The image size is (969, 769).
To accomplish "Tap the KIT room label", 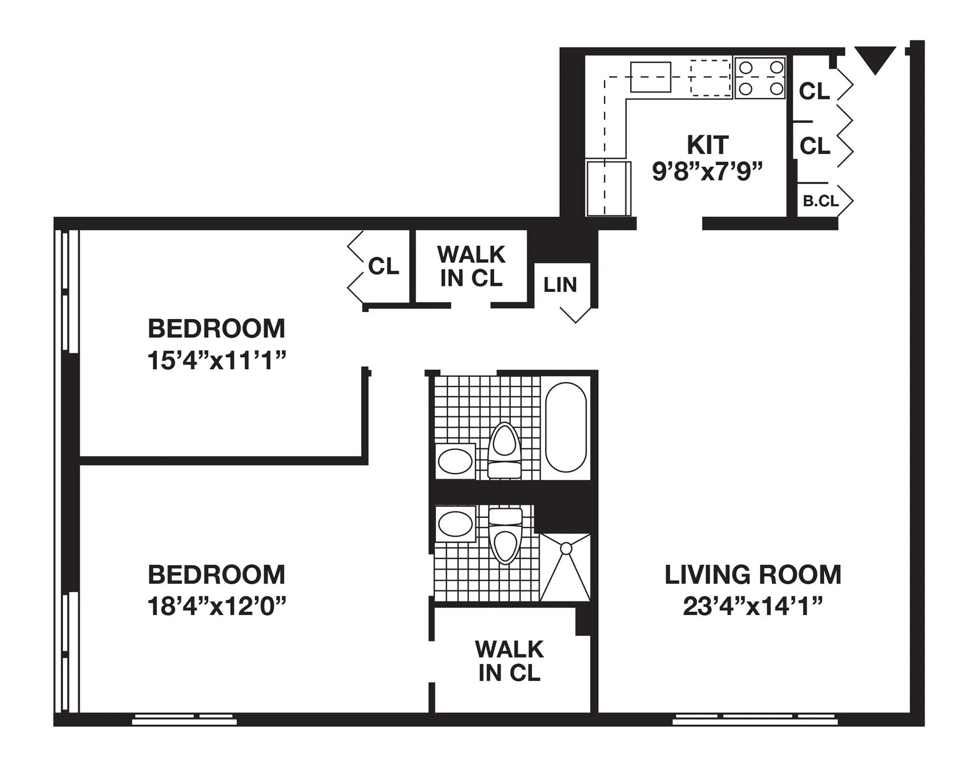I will click(708, 145).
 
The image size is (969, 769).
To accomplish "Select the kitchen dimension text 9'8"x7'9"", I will click(707, 172).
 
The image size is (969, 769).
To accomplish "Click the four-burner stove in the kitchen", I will click(760, 78).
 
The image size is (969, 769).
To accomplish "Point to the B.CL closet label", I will click(821, 201).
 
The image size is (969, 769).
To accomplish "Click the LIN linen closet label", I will click(560, 285).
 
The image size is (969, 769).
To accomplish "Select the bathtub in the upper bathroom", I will click(566, 427).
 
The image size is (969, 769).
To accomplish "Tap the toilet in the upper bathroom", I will click(505, 449).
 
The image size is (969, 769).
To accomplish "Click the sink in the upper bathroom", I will click(455, 461).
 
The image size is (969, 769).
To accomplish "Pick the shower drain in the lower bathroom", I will click(566, 548).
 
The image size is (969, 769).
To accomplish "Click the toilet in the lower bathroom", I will click(505, 536).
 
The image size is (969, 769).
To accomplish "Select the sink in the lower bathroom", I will click(455, 524).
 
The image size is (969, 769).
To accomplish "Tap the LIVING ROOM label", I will click(752, 575).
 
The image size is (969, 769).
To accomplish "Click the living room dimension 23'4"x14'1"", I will click(752, 606).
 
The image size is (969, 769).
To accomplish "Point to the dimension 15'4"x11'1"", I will click(217, 361).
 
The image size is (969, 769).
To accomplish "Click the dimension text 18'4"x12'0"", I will click(217, 606).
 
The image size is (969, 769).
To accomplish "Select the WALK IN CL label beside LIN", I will click(471, 266).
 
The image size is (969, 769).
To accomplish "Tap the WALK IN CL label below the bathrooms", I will click(509, 661).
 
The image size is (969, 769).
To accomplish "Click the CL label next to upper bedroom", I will click(384, 266).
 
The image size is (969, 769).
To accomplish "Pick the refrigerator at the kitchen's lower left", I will click(608, 188).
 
